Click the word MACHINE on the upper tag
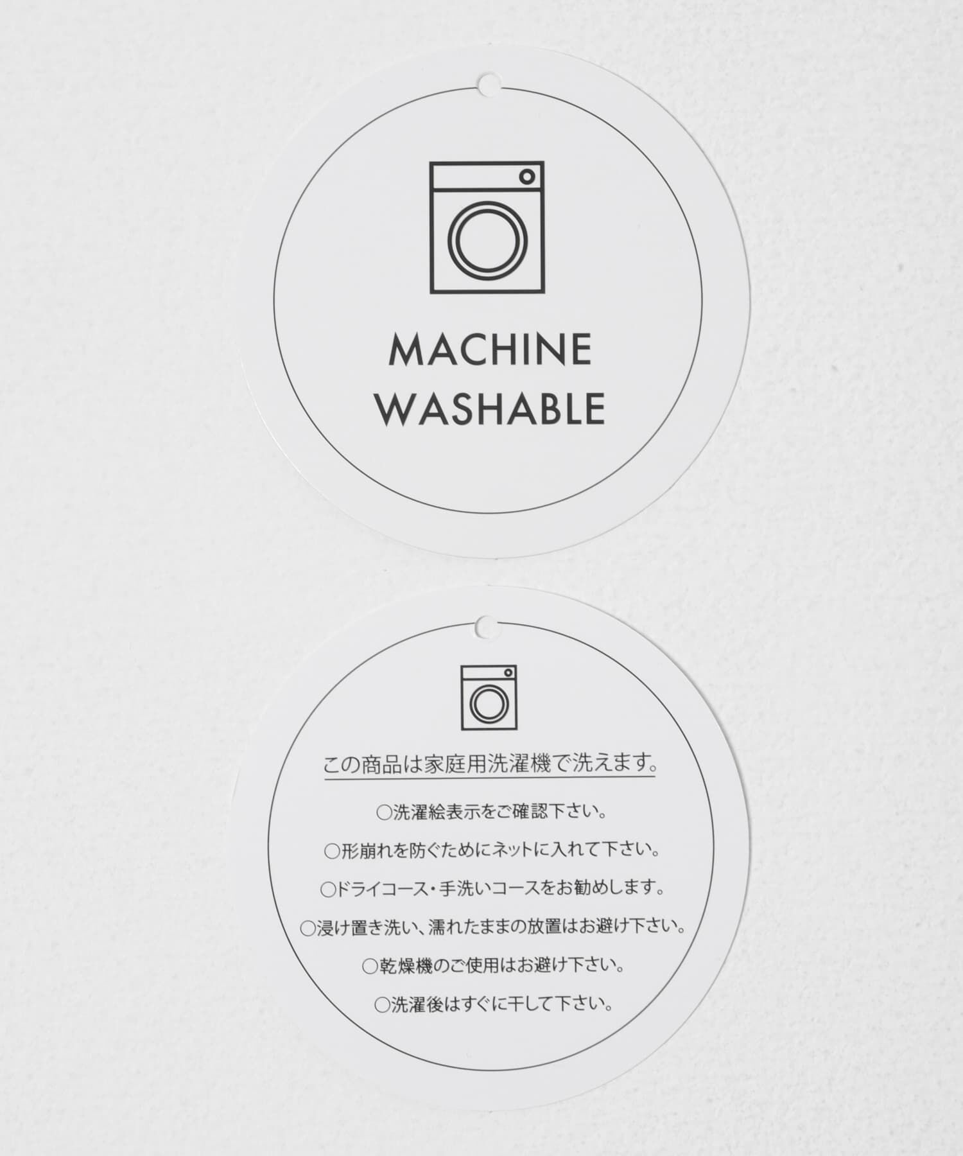tap(490, 350)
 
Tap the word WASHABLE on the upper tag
tap(490, 409)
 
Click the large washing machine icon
tap(487, 227)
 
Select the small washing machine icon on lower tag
tap(488, 698)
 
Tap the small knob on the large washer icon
tap(526, 176)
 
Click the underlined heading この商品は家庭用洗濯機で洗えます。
tap(490, 765)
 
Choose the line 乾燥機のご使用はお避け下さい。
tap(493, 966)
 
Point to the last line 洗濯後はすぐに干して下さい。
tap(493, 1004)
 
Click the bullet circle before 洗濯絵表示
tap(383, 813)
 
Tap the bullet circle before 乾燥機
tap(370, 967)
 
